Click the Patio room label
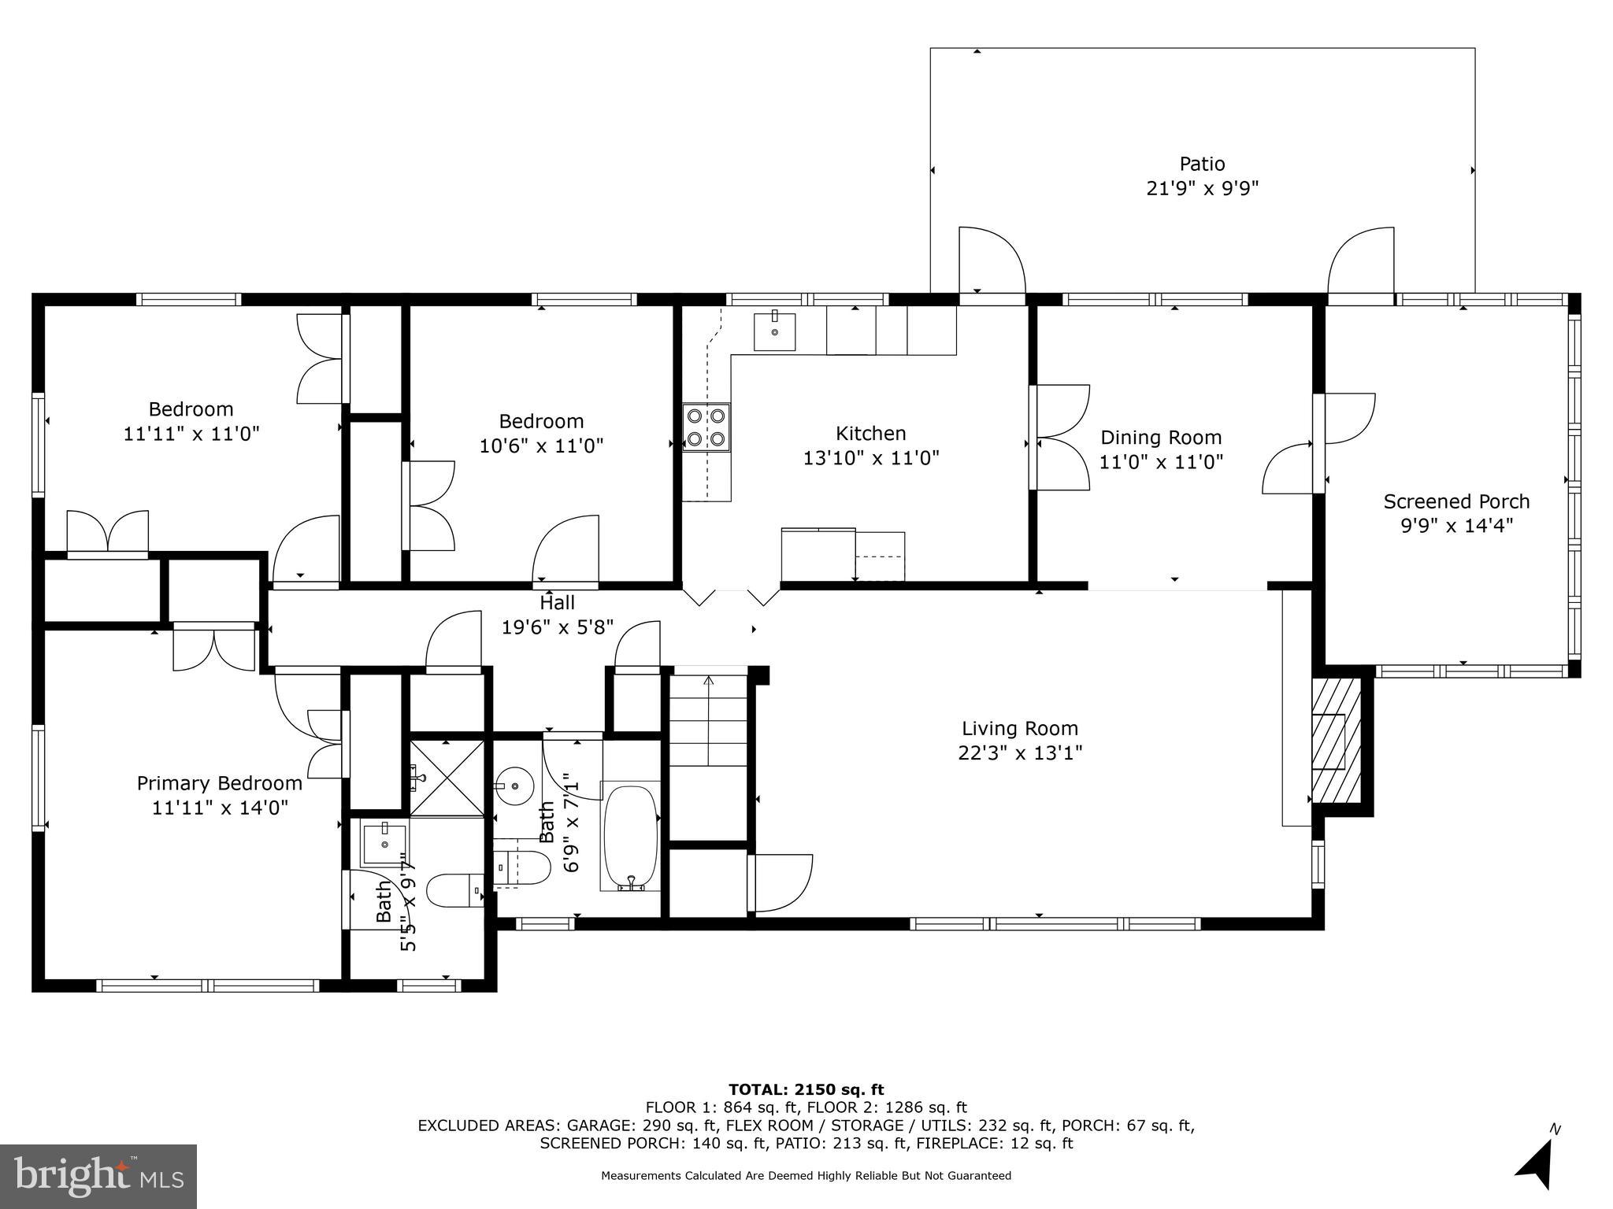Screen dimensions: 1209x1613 pyautogui.click(x=1202, y=164)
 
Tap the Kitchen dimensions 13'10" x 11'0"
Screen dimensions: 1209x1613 pyautogui.click(x=871, y=458)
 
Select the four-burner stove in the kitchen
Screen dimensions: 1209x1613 pyautogui.click(x=706, y=427)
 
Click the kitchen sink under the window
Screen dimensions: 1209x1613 pyautogui.click(x=775, y=331)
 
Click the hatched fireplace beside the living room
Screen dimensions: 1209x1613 pyautogui.click(x=1336, y=741)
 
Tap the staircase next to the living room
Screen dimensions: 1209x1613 pyautogui.click(x=708, y=720)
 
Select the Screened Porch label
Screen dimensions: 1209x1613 pyautogui.click(x=1456, y=501)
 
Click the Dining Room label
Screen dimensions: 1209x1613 pyautogui.click(x=1161, y=438)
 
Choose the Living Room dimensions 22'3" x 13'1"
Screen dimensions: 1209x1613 pyautogui.click(x=1020, y=753)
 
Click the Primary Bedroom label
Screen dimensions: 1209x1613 pyautogui.click(x=220, y=783)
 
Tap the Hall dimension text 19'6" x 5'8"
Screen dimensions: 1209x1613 pyautogui.click(x=558, y=627)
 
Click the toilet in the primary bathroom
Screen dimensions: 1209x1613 pyautogui.click(x=455, y=891)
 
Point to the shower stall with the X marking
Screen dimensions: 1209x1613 pyautogui.click(x=447, y=777)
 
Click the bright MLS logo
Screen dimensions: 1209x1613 pyautogui.click(x=98, y=1176)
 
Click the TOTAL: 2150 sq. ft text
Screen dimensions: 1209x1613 pyautogui.click(x=806, y=1089)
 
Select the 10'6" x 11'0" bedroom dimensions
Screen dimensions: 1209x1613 pyautogui.click(x=542, y=446)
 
